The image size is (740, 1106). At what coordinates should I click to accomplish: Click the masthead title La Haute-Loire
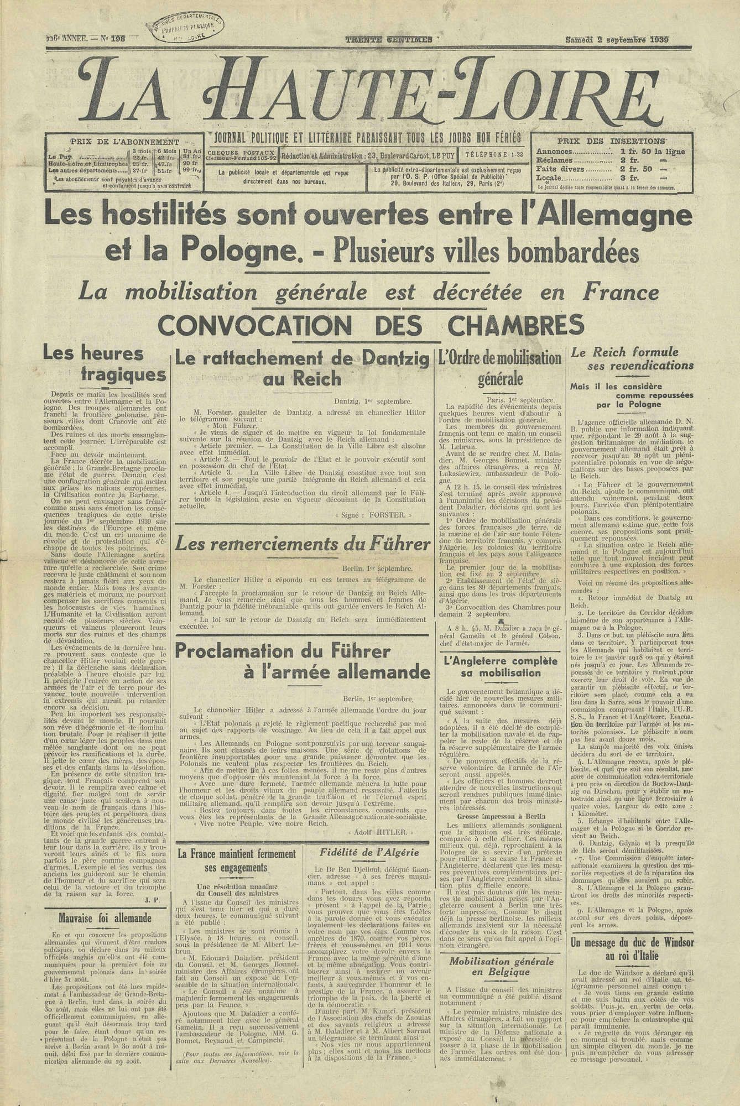coord(369,90)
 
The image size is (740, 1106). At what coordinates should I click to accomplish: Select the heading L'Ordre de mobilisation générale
coord(499,368)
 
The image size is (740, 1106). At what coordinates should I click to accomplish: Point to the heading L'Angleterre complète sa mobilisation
coord(499,667)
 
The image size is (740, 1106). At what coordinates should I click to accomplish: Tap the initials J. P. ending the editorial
coord(154,899)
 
